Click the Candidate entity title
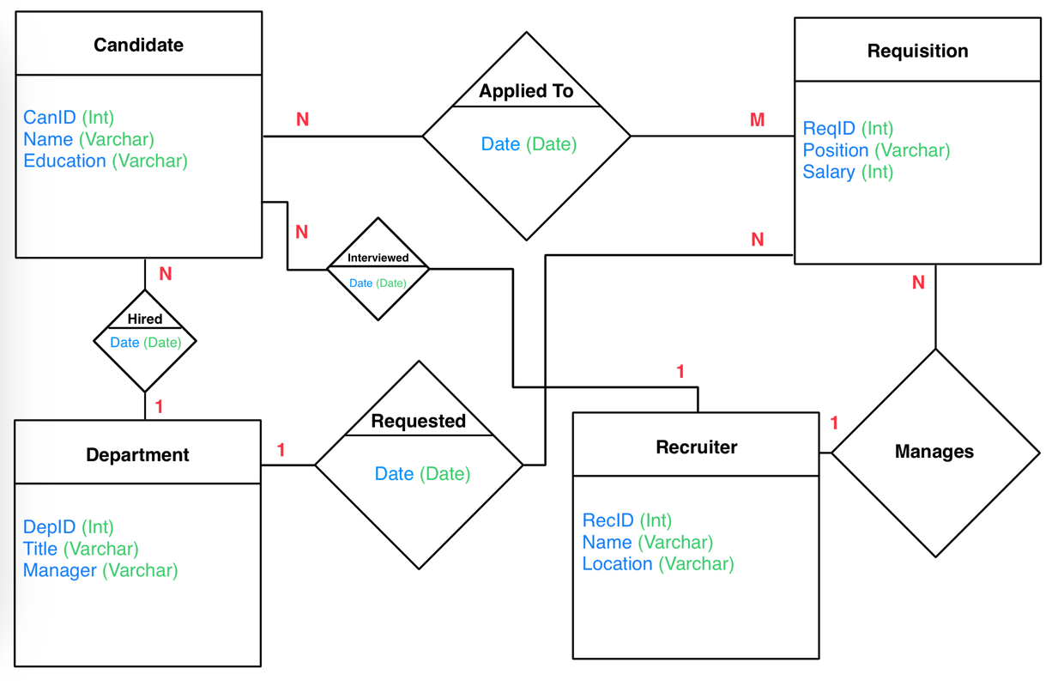[138, 45]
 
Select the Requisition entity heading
[917, 51]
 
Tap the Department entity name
[137, 454]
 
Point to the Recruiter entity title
[696, 447]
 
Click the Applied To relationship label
[526, 91]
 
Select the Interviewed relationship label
[378, 258]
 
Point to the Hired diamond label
[144, 319]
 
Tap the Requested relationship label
[418, 421]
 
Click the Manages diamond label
[934, 452]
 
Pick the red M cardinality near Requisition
[757, 120]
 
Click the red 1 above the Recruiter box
[680, 372]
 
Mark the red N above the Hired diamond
[166, 274]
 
